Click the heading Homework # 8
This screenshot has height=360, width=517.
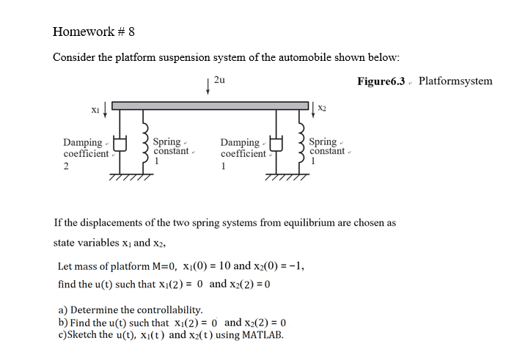tap(94, 32)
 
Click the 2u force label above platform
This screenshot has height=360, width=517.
tap(219, 80)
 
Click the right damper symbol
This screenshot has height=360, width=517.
tap(277, 145)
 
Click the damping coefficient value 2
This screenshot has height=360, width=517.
tap(66, 166)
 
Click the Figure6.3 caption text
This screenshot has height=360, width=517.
tap(381, 81)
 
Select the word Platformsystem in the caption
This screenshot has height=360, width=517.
tap(455, 81)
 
